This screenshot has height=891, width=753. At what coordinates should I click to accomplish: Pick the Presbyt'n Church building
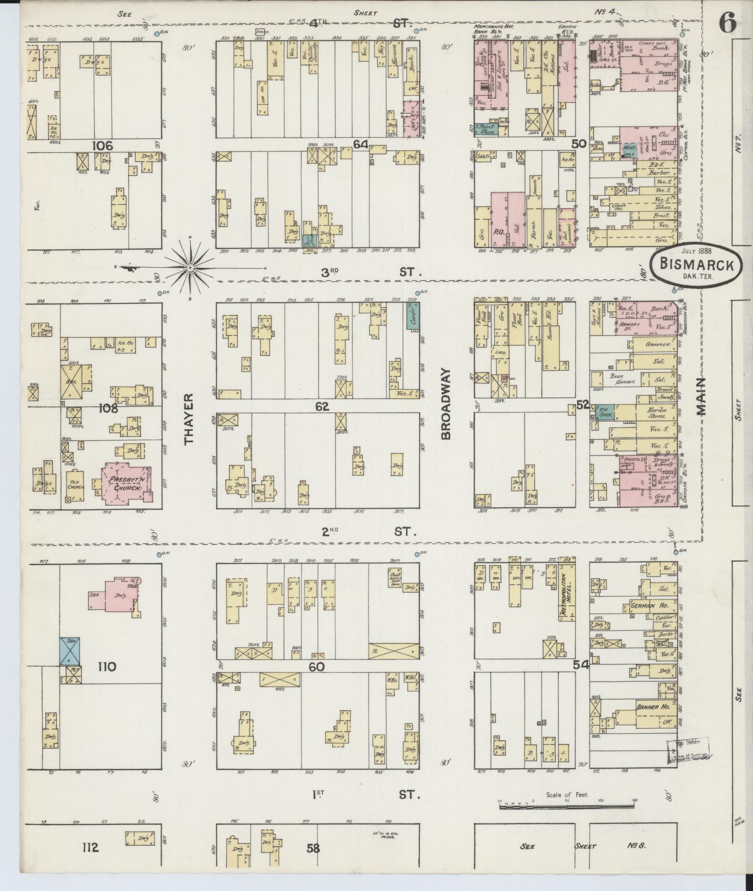point(125,483)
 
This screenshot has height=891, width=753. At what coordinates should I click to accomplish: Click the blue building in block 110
point(70,651)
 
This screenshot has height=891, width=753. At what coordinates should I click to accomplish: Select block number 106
point(103,146)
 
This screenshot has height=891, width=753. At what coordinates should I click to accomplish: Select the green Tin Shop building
point(605,412)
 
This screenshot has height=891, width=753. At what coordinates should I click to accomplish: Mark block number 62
point(322,406)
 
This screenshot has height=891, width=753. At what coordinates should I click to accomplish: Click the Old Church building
point(75,485)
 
